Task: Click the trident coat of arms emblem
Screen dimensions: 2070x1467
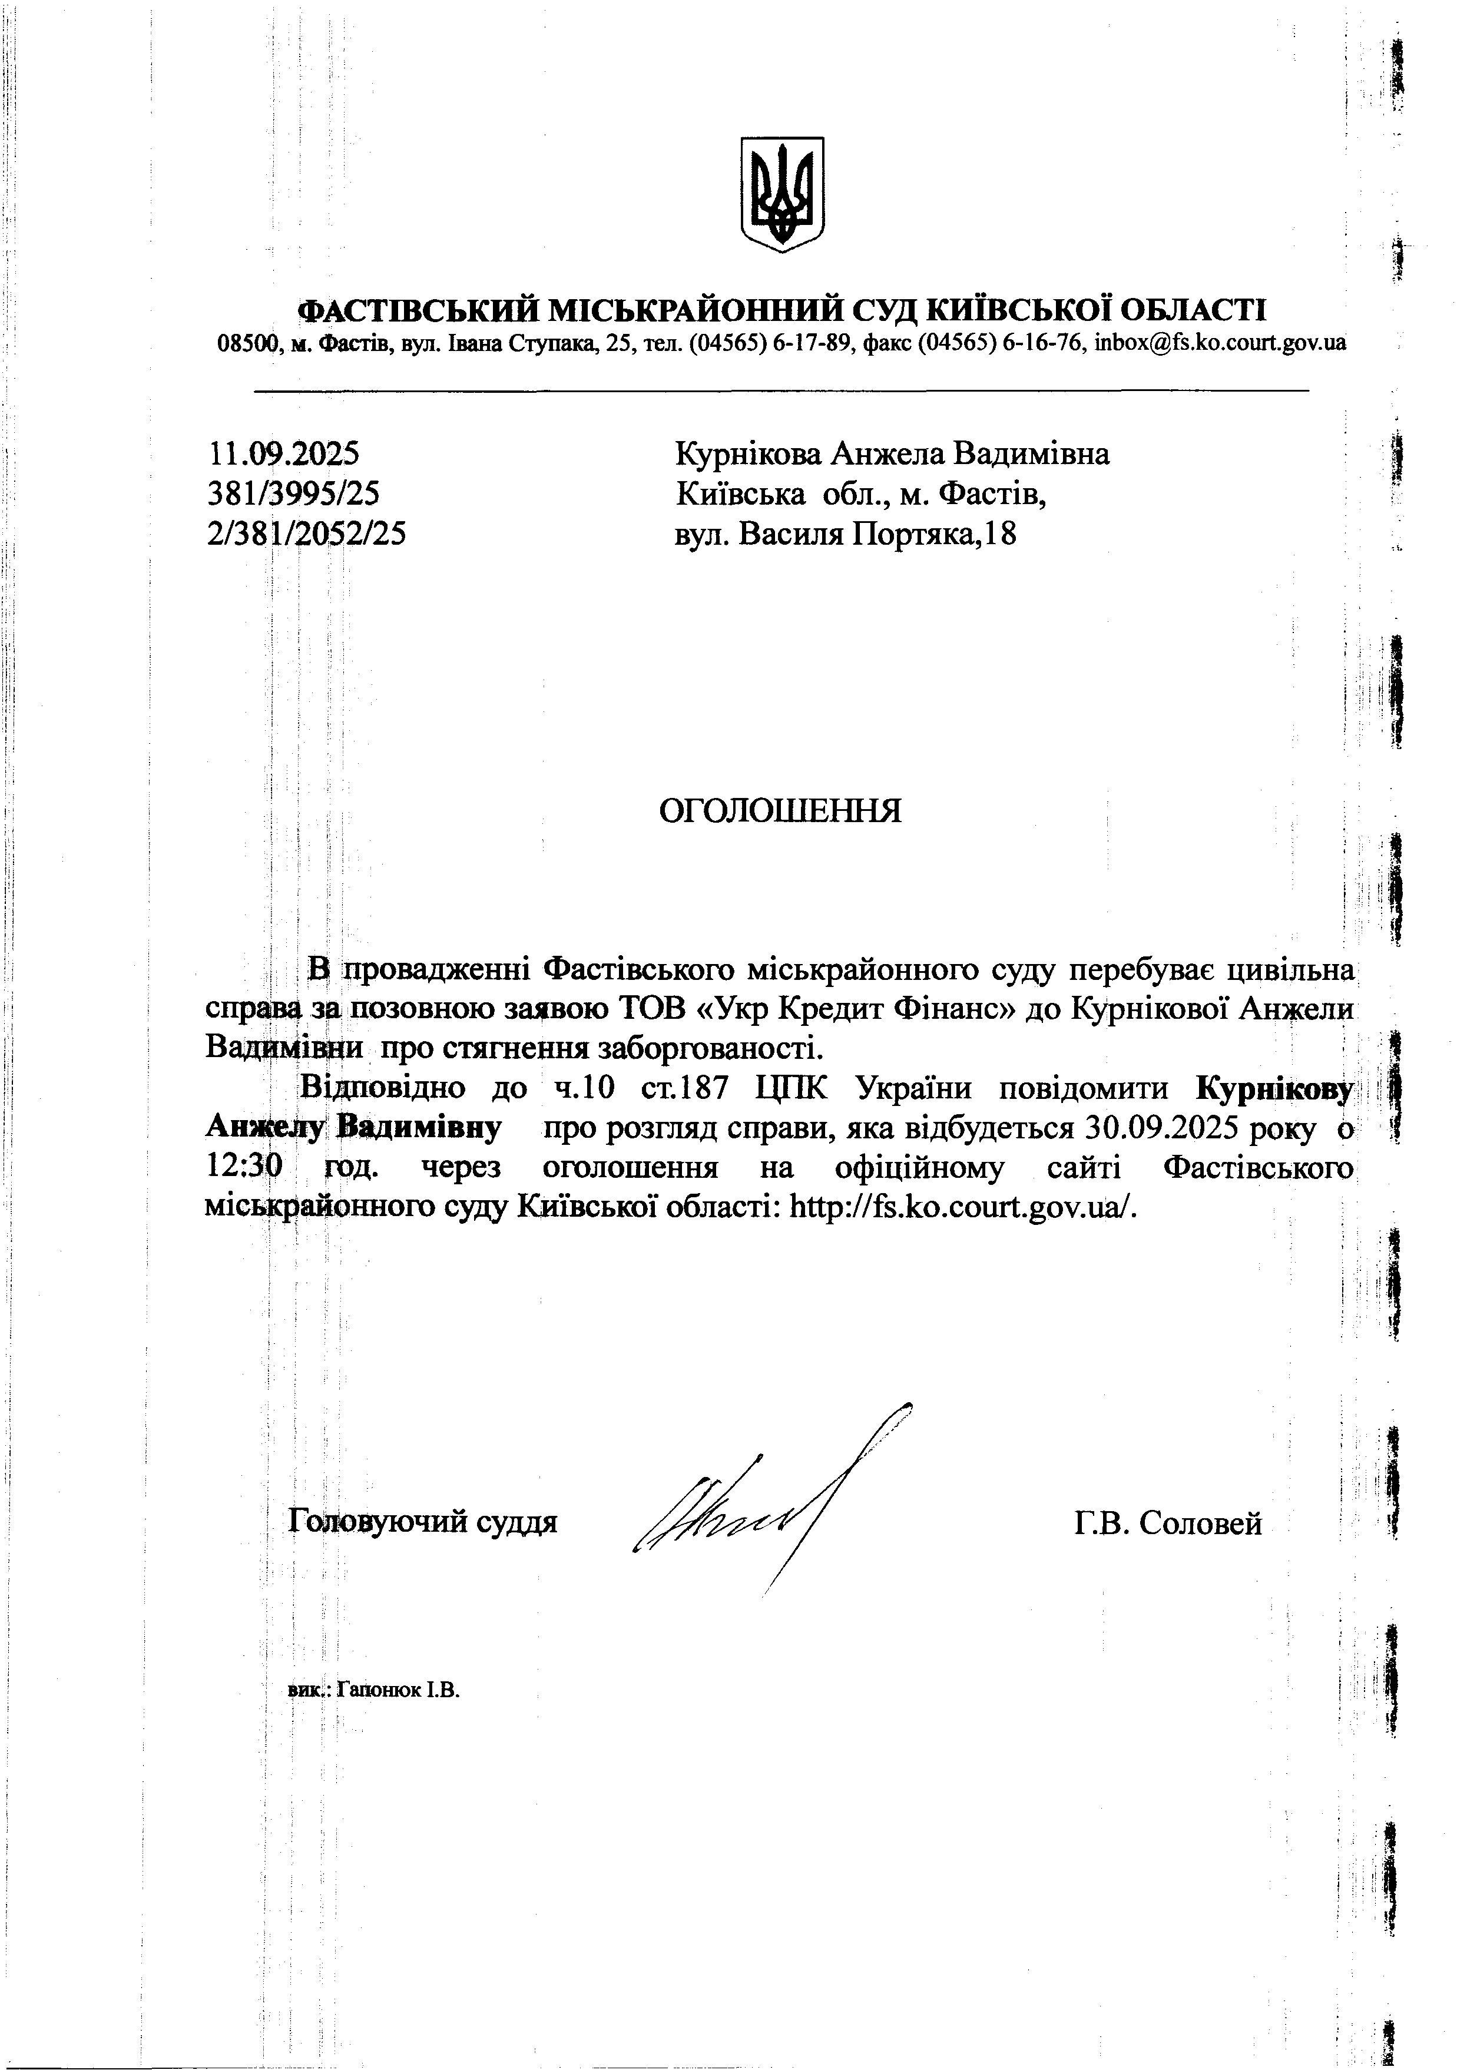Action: [781, 194]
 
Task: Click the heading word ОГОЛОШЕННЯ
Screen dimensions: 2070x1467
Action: [780, 811]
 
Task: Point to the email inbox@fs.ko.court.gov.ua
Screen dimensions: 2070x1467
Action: [1220, 343]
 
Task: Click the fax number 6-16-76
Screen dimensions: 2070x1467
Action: [1044, 343]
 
